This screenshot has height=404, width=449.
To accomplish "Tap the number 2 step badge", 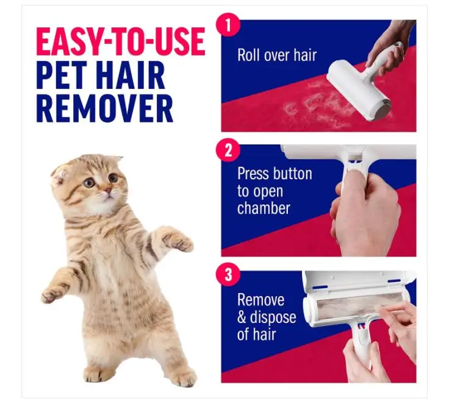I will (x=229, y=150).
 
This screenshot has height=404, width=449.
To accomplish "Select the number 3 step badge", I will (x=229, y=274).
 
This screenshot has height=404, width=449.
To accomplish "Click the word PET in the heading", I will (x=62, y=75).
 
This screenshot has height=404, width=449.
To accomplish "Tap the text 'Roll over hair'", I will (x=277, y=55).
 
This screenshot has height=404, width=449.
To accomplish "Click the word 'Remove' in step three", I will (x=261, y=300).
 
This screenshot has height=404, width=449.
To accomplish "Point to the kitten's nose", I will (x=106, y=192).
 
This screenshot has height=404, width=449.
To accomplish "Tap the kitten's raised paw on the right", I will (x=179, y=241).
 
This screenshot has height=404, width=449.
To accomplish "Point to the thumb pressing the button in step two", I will (x=351, y=183).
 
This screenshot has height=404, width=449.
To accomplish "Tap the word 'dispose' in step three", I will (x=273, y=317).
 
